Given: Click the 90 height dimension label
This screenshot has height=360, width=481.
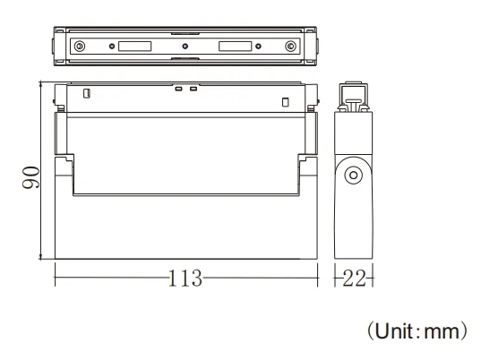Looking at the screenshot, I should (x=30, y=177).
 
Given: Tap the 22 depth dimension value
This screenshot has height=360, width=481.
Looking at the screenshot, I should (x=355, y=278).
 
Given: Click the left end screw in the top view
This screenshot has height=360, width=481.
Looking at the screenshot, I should (x=81, y=47).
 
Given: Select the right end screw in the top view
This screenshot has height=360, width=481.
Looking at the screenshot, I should (x=288, y=47).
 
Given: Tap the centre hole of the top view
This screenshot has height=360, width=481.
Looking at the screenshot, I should (x=185, y=47).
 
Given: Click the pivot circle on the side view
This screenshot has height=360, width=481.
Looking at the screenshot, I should (x=354, y=175).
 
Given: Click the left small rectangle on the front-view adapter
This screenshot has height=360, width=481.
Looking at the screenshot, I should (x=86, y=93).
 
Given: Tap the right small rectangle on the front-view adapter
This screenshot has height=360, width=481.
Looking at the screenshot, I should (x=285, y=99).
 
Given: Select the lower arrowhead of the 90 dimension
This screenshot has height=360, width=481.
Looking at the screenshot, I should (x=42, y=258).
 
